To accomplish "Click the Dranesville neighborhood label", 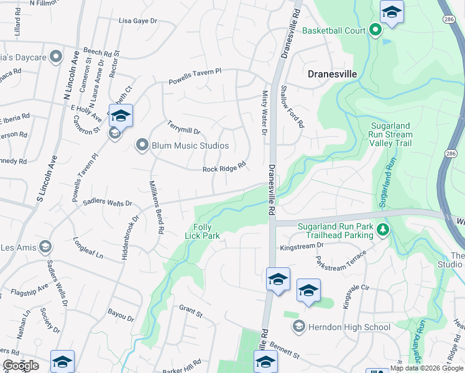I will click(x=333, y=74).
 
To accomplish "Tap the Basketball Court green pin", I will click(x=375, y=30).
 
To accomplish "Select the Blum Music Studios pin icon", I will click(x=142, y=145).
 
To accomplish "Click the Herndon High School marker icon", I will click(x=299, y=326).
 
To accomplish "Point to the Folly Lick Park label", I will click(x=202, y=231).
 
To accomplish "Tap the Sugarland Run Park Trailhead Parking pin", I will click(x=383, y=230).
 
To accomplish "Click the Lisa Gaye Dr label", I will click(x=138, y=21).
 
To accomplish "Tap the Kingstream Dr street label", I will click(x=302, y=246).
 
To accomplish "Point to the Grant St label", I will click(x=191, y=308).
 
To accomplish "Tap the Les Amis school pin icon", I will click(x=44, y=247).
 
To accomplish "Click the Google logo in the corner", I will click(x=21, y=366).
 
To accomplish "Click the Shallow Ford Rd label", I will click(x=292, y=107).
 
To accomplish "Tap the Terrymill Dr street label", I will click(x=183, y=131).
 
